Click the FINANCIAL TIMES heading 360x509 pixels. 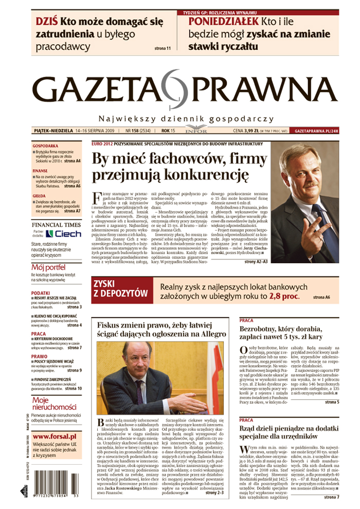click(x=56, y=225)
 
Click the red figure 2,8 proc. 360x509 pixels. click(x=286, y=297)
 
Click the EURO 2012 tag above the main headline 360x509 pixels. click(x=101, y=143)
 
